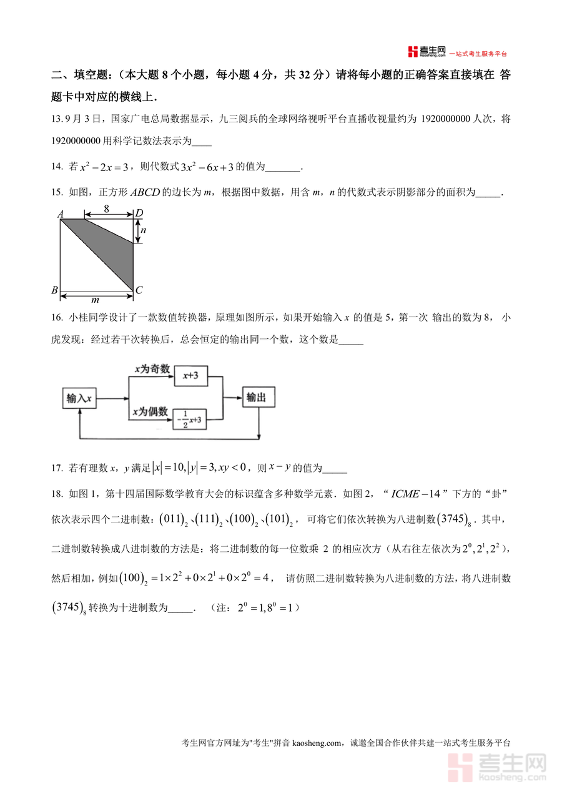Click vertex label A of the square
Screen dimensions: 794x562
[61, 214]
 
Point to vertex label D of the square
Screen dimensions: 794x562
[139, 213]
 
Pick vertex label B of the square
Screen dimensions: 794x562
[55, 290]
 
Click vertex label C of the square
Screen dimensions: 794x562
[139, 290]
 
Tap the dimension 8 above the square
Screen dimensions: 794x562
[107, 209]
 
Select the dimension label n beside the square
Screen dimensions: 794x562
[142, 230]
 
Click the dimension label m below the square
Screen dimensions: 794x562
[96, 300]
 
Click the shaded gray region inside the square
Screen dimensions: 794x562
[116, 247]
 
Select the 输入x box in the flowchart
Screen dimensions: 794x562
[79, 398]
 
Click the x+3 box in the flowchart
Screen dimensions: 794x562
[190, 376]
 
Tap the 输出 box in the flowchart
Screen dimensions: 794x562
[259, 398]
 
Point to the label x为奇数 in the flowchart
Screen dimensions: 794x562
[152, 370]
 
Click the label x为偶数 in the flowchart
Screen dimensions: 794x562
[150, 411]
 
